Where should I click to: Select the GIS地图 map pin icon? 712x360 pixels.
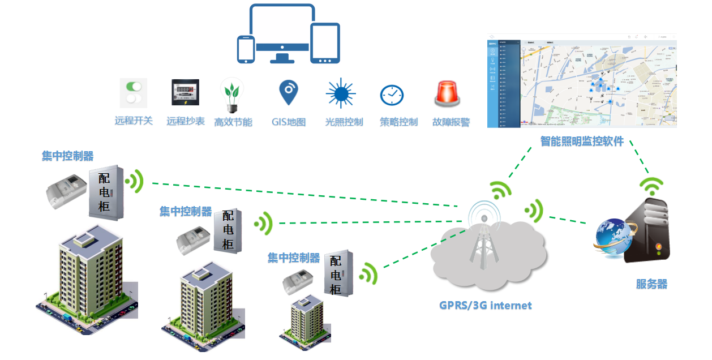point(289,92)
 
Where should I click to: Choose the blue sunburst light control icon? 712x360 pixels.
point(341,93)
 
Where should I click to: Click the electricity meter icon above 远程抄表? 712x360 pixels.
point(185,92)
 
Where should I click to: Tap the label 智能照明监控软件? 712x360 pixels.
point(582,141)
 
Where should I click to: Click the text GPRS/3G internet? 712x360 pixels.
point(486,306)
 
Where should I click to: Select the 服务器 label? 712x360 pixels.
point(651,284)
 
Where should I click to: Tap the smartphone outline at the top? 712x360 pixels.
point(246,49)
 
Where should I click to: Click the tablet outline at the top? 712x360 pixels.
point(325,43)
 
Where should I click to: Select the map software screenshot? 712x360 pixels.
point(582,80)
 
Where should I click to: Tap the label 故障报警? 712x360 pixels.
point(451,122)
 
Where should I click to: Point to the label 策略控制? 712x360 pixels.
point(398,122)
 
